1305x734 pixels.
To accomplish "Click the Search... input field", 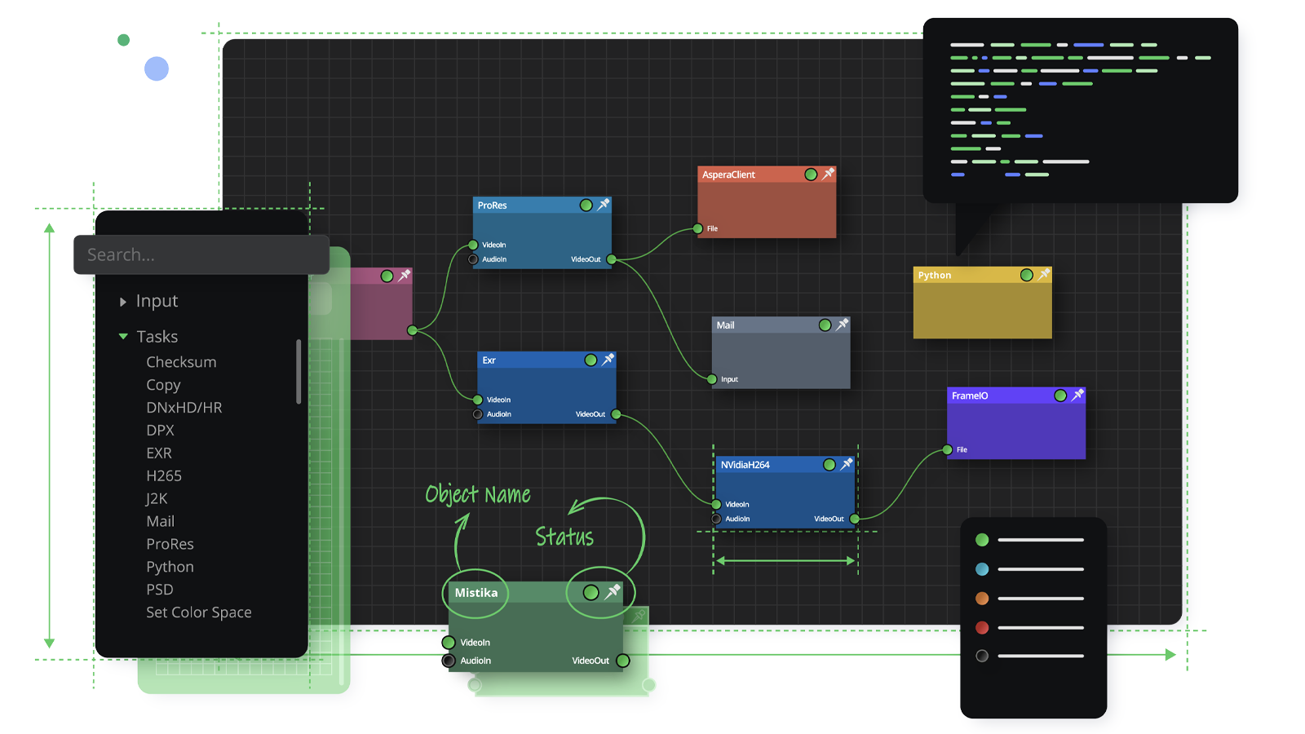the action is pos(201,254).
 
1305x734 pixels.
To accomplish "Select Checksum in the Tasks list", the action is pos(181,362).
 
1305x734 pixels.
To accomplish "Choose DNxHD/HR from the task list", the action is pos(184,407).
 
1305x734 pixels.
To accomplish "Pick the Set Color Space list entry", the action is pos(199,612).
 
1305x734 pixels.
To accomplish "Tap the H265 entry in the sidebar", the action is pos(164,476).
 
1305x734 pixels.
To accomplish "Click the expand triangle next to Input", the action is pos(123,301).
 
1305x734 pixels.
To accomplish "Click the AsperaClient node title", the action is pos(728,175).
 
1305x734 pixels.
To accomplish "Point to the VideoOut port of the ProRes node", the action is pos(611,259).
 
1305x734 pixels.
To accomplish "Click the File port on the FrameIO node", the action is pos(947,449).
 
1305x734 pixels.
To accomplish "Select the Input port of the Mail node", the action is pos(711,379).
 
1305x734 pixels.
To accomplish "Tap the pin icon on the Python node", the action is pos(1044,274).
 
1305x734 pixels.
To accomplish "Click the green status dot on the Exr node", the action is pos(591,360).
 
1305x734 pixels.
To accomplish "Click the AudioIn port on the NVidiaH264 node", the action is pos(716,519).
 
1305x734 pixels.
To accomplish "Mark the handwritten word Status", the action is pos(564,537).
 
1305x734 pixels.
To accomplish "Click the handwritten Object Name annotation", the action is pos(478,494).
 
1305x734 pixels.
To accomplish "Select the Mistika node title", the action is pos(476,592).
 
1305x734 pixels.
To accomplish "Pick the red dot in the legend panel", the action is pos(982,627).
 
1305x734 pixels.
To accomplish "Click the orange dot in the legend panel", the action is pos(982,599).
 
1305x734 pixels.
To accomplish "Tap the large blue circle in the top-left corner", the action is pos(157,69).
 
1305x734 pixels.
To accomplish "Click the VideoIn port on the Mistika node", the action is pos(448,642).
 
